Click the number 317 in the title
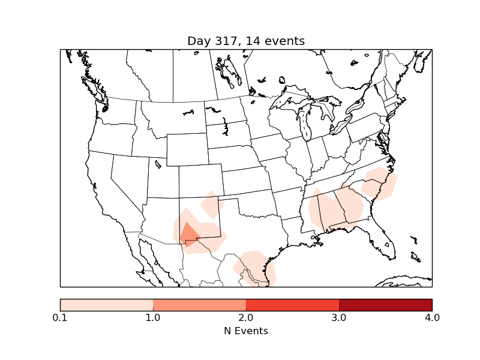point(226,41)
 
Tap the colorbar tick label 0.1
point(60,317)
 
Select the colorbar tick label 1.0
point(153,317)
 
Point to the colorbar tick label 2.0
point(246,317)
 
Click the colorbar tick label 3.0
point(339,317)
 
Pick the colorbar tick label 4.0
point(432,317)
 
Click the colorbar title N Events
point(246,331)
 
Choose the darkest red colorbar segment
point(385,305)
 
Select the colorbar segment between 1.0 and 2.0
point(199,305)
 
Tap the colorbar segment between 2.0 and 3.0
point(292,305)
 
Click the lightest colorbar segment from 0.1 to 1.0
point(106,305)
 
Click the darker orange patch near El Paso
point(190,234)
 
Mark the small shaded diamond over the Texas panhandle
point(211,205)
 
